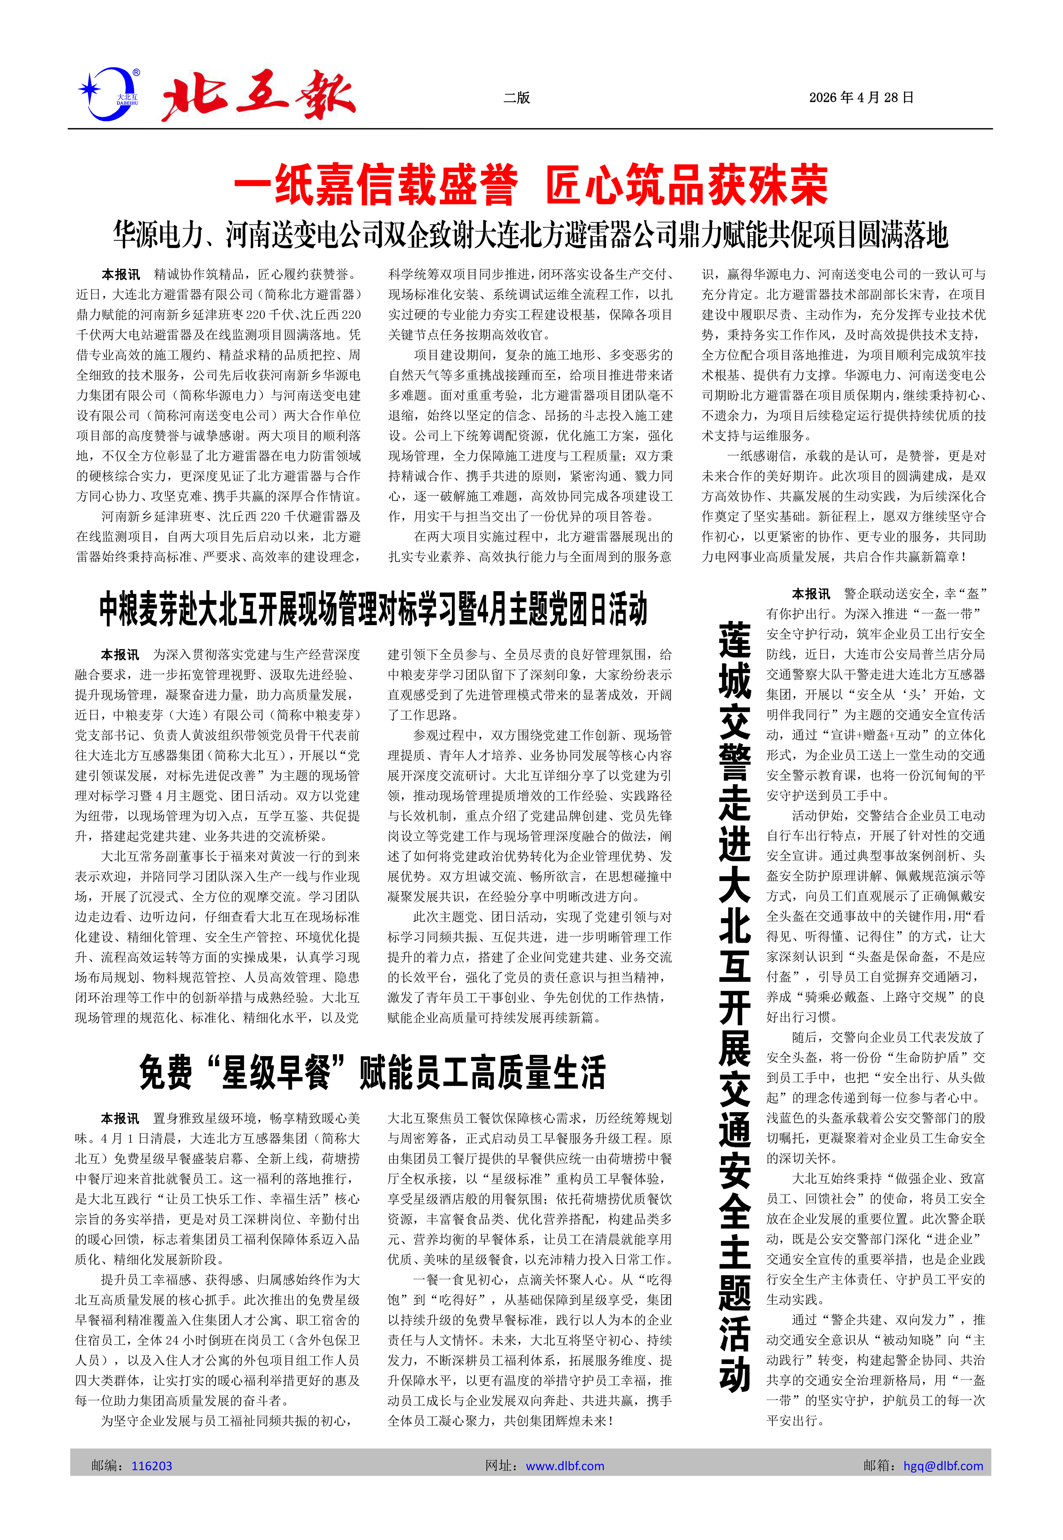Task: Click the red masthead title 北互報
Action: coord(258,95)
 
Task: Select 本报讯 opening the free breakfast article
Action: coord(120,1118)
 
